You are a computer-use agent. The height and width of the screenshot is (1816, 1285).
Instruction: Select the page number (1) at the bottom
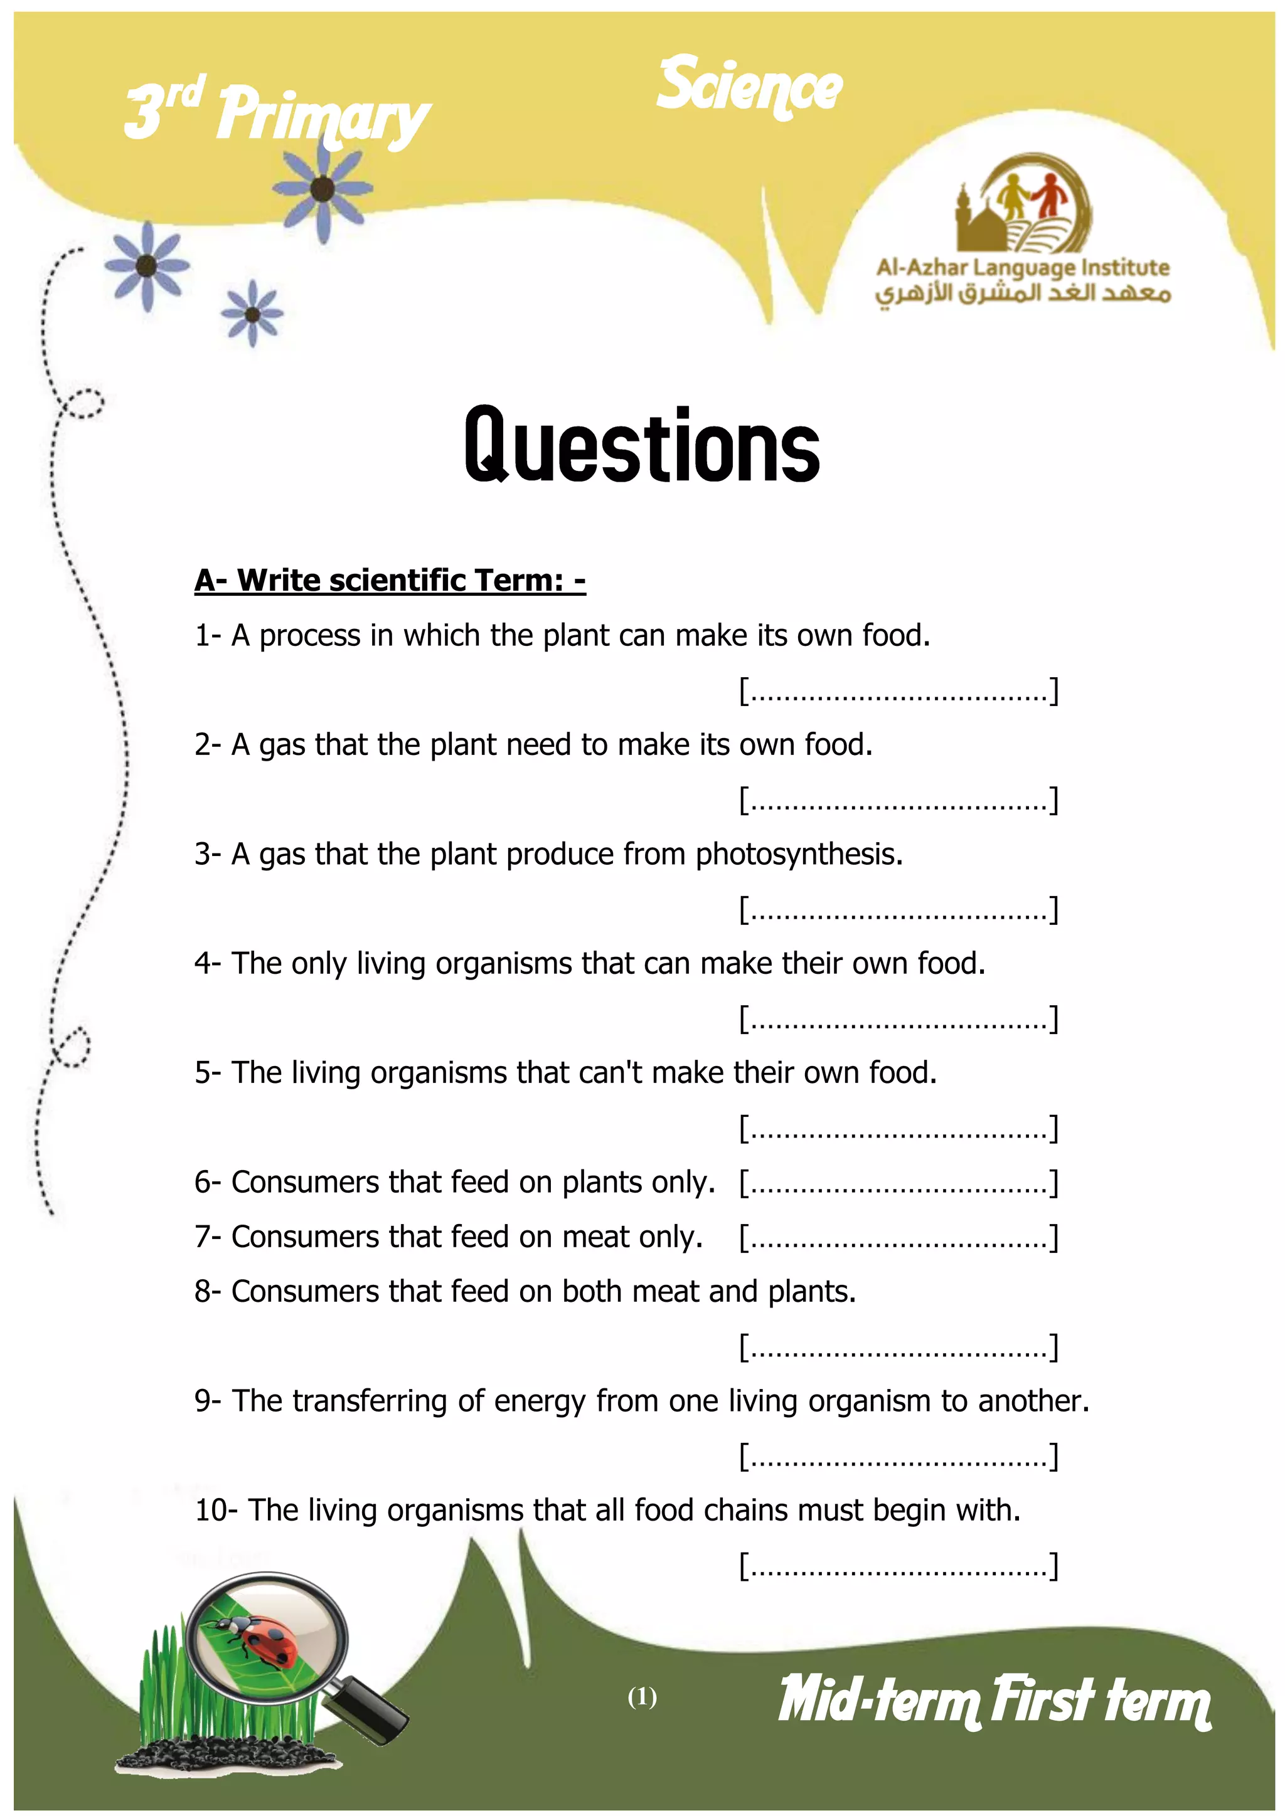coord(642,1697)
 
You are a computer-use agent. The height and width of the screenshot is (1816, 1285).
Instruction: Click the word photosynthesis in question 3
coord(797,855)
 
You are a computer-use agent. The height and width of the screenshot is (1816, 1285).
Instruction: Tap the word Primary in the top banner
coord(323,117)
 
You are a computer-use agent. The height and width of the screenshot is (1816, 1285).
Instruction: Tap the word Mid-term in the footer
coord(878,1701)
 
